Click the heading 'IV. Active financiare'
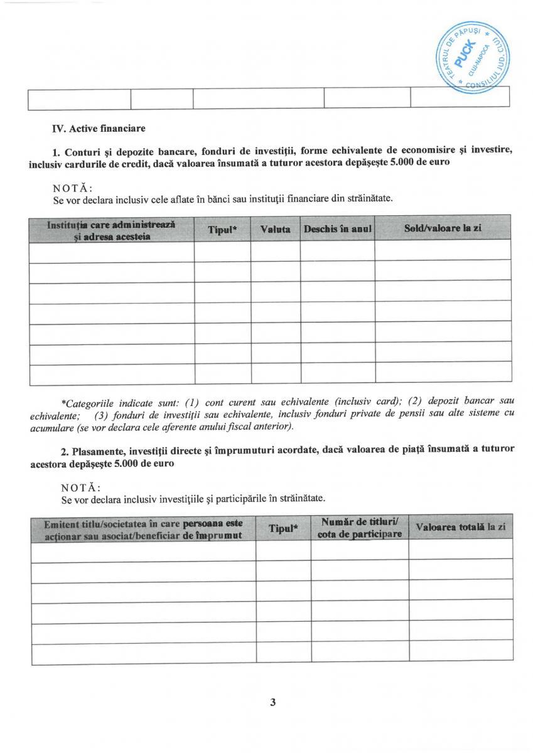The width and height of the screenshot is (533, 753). point(99,129)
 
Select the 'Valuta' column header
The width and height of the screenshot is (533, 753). point(275,230)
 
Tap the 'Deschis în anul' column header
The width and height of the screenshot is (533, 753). point(337,230)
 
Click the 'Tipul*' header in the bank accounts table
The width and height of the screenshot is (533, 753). point(222,230)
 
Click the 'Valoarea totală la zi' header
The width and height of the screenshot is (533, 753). point(461,528)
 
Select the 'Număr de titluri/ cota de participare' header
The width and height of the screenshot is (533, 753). point(359,528)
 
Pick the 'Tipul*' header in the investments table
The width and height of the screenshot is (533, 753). point(283,528)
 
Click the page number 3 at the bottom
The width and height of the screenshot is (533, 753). point(272,702)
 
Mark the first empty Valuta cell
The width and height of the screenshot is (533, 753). point(275,252)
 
